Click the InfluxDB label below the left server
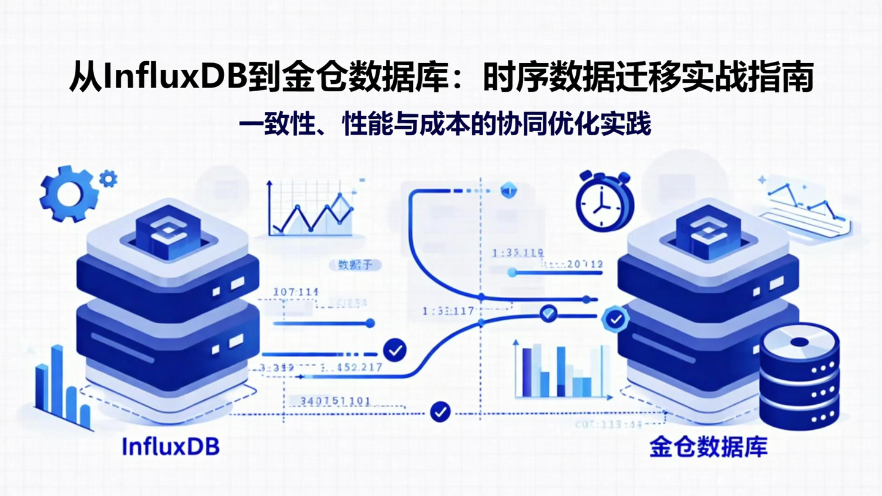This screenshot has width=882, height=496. [x=170, y=446]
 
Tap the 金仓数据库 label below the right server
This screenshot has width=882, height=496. [x=708, y=447]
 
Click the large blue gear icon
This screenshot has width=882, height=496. [x=69, y=193]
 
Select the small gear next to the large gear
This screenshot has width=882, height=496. [x=108, y=179]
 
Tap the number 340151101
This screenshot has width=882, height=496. [x=334, y=402]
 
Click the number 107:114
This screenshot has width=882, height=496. [x=296, y=292]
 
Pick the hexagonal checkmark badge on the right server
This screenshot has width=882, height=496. [x=615, y=319]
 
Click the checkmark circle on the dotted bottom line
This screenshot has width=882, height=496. [x=440, y=411]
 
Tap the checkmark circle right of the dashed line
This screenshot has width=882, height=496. [x=394, y=350]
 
